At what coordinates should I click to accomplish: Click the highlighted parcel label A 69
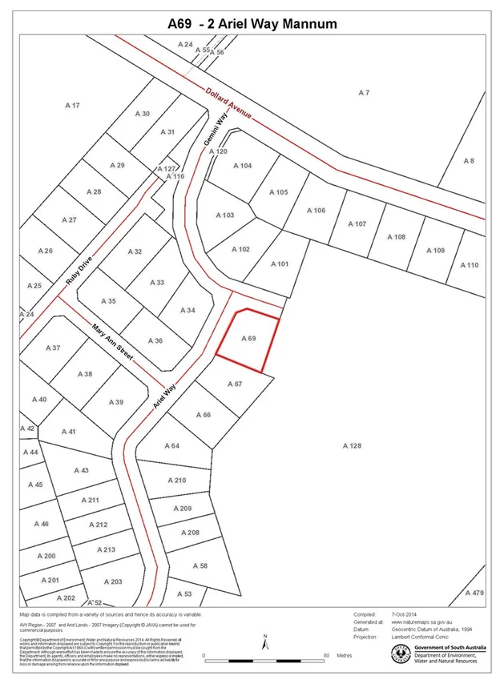coord(248,340)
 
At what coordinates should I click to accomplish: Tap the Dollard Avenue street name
coord(228,103)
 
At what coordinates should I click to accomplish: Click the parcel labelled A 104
coord(242,166)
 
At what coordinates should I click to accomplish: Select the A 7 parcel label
coord(364,94)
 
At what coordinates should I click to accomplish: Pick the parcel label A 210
coord(177,480)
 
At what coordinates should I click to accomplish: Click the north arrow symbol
coord(264,642)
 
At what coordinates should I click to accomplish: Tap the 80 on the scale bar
coord(326,655)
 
